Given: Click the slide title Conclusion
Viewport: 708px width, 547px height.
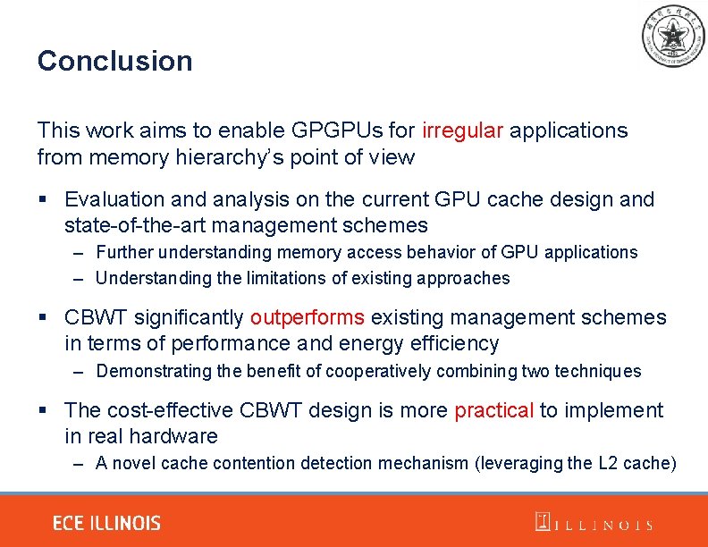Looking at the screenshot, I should tap(114, 62).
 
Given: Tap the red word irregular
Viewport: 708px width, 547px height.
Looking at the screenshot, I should tap(463, 130).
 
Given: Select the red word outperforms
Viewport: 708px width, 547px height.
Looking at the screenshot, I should tap(307, 317).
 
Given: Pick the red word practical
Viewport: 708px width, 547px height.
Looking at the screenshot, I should tap(494, 410).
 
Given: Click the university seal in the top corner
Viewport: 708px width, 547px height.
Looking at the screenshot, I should tap(673, 37).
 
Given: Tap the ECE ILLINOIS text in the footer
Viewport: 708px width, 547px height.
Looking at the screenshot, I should tap(106, 524).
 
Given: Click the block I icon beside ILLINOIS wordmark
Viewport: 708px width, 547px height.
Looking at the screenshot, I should tap(542, 522).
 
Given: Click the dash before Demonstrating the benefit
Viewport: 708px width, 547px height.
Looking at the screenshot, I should tap(79, 371).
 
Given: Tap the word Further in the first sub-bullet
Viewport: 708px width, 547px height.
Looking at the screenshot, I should tap(123, 252).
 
